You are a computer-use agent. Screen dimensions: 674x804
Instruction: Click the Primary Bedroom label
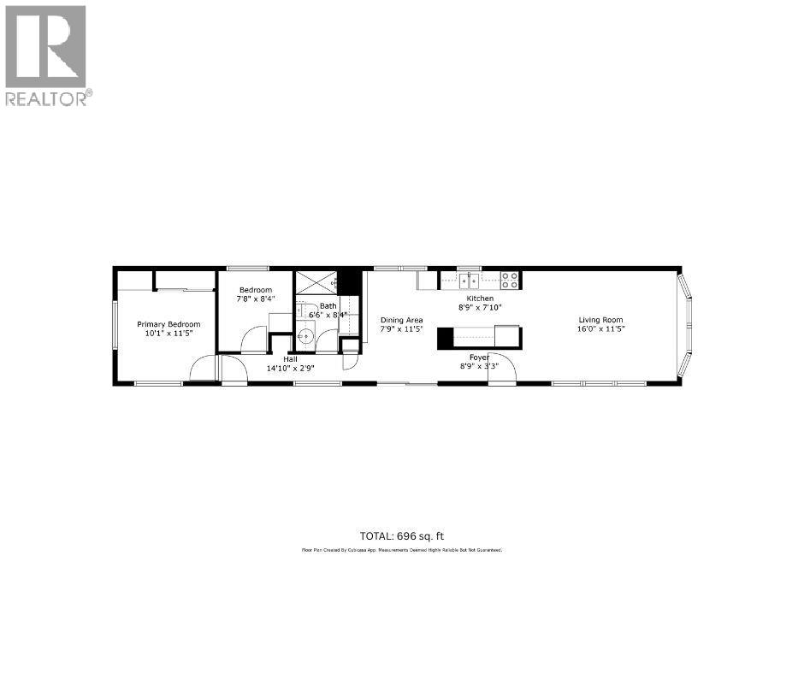coord(168,324)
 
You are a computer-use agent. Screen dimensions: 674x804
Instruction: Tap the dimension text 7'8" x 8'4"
coord(256,299)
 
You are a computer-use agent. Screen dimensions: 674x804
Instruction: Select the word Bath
coord(328,305)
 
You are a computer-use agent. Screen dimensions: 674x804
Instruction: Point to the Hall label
coord(290,359)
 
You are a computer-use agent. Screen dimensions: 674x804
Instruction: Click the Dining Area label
coord(402,320)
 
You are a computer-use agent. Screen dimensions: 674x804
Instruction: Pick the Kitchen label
coord(480,299)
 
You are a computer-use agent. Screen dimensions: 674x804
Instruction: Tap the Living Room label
coord(600,320)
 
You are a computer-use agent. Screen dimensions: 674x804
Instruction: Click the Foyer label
coord(479,357)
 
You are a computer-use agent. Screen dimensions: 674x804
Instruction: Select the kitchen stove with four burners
coord(510,280)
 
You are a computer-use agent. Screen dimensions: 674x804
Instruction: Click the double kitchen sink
coord(468,279)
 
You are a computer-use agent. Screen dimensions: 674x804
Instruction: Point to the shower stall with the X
coord(316,282)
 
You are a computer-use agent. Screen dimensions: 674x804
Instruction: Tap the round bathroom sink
coord(305,337)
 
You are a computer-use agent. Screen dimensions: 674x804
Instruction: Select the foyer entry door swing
coord(501,369)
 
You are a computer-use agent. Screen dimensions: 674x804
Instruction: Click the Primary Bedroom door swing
coord(203,370)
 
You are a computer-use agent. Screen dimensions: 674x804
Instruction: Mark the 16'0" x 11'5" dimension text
coord(600,329)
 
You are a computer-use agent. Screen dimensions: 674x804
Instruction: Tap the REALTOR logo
coord(47,56)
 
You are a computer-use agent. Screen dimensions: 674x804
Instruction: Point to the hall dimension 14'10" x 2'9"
coord(290,369)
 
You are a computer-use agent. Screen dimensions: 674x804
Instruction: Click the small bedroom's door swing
coord(254,340)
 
